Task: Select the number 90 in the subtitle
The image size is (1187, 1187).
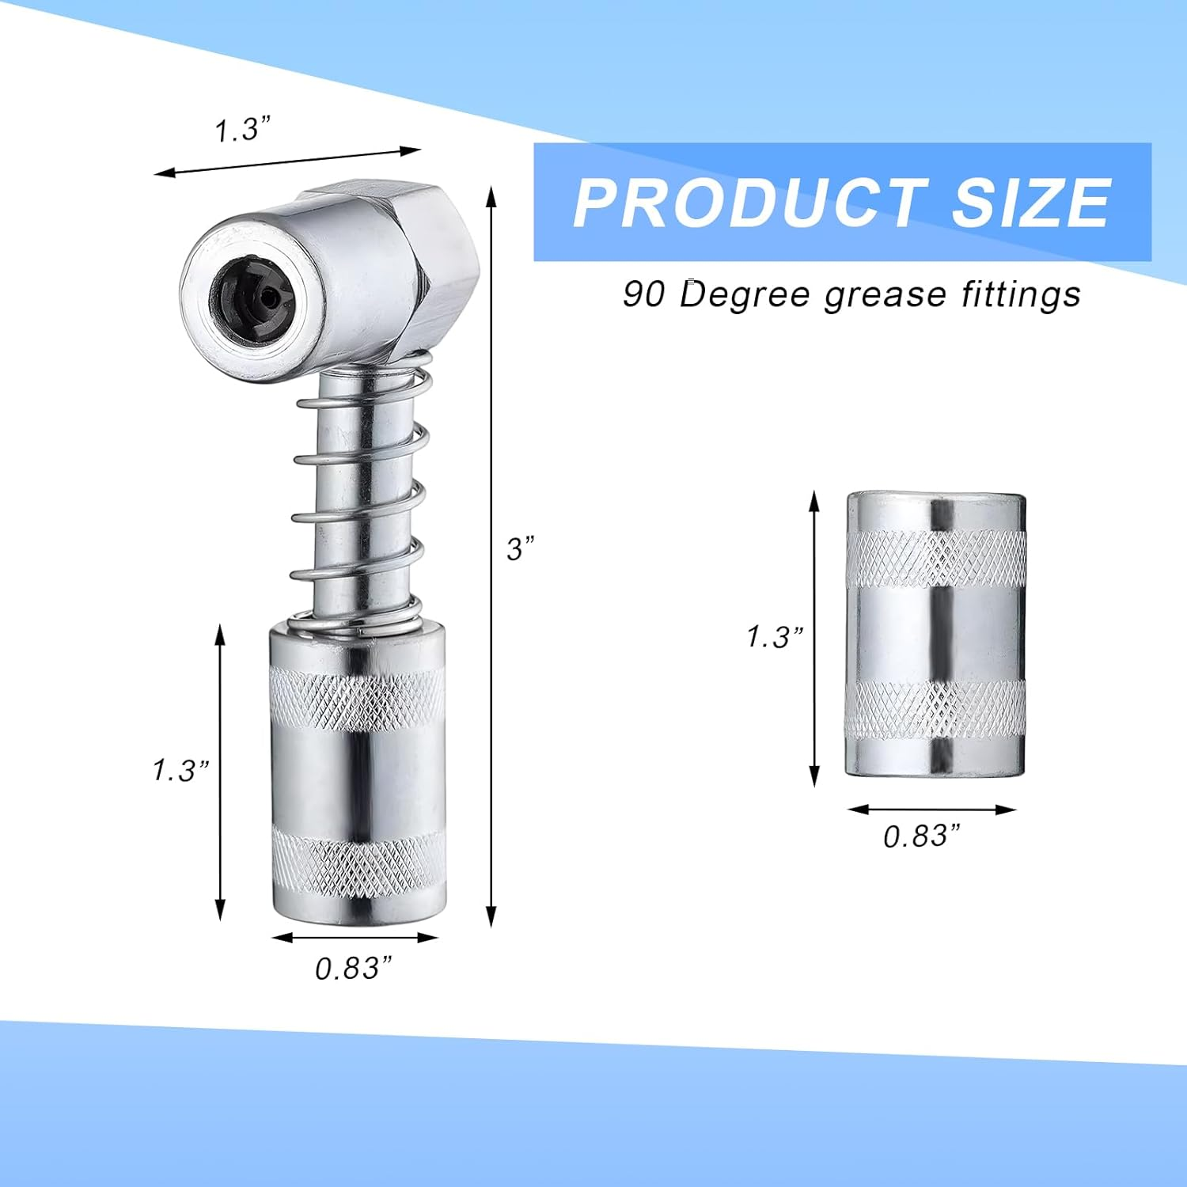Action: click(x=643, y=294)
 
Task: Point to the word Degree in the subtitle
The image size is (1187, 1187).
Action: click(x=745, y=294)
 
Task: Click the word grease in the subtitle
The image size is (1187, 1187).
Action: click(x=885, y=294)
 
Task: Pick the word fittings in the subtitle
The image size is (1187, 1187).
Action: click(x=1021, y=294)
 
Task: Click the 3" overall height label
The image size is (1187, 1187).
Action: click(x=521, y=548)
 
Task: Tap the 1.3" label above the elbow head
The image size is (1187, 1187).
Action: click(x=243, y=130)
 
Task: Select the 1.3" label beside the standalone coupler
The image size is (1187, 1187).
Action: click(x=775, y=636)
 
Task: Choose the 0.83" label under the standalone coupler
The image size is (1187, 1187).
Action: click(x=922, y=836)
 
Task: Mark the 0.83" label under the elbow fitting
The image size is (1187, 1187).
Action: click(x=354, y=968)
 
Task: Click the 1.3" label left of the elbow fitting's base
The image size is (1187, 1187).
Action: click(x=180, y=769)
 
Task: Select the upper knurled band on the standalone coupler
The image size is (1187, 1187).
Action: click(x=935, y=558)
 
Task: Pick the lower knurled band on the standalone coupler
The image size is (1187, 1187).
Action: click(x=935, y=708)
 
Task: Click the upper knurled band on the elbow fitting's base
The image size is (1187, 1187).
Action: click(x=358, y=696)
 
